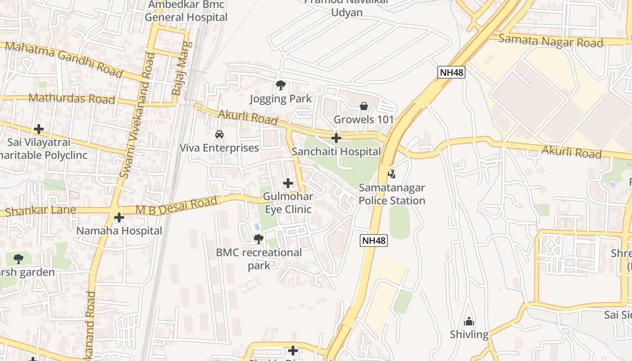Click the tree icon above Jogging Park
click(281, 85)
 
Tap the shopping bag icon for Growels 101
click(363, 106)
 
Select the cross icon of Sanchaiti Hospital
click(336, 138)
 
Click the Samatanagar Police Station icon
click(392, 174)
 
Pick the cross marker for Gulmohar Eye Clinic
click(288, 183)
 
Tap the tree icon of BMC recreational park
click(258, 239)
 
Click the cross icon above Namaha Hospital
click(119, 218)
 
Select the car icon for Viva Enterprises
click(219, 134)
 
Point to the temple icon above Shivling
click(469, 321)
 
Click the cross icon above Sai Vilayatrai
click(39, 129)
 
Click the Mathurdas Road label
click(72, 98)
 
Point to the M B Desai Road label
click(177, 206)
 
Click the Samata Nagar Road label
click(551, 41)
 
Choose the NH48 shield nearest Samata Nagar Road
click(451, 72)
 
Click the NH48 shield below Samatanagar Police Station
click(374, 241)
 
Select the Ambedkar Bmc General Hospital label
click(186, 11)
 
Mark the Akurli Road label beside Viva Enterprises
click(248, 117)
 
